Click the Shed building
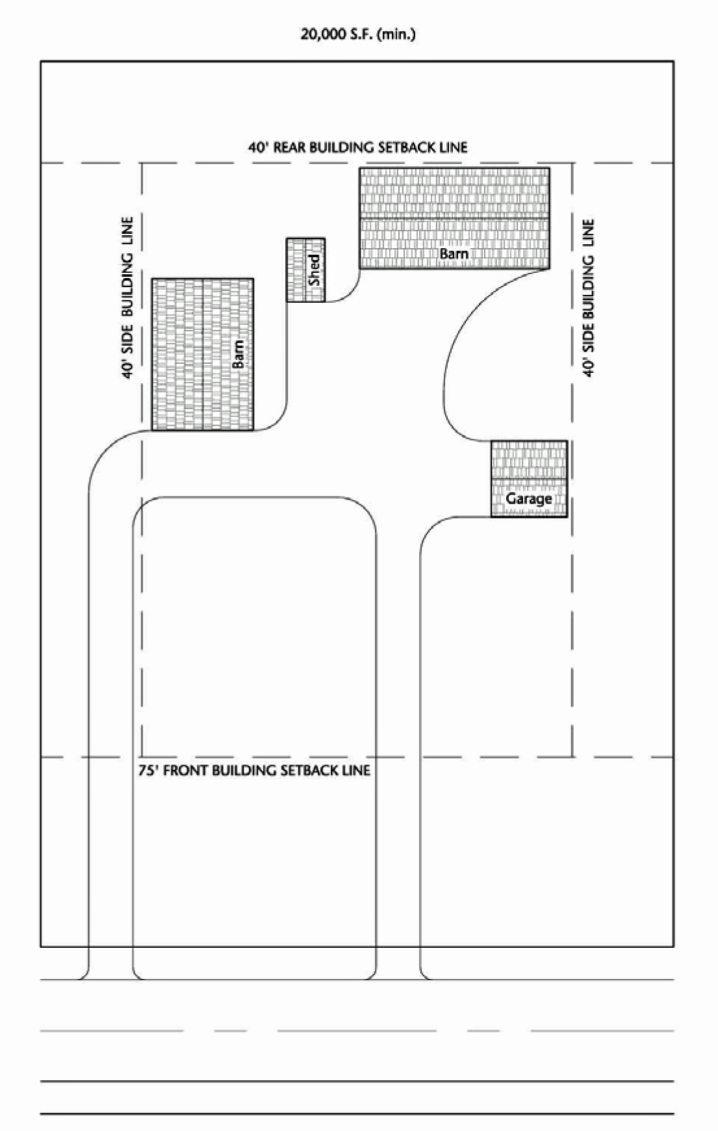coord(306,270)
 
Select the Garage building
coord(529,479)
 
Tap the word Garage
coord(529,498)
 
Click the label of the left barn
coord(238,354)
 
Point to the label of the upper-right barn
coord(454,253)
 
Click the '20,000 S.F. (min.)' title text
coord(358,34)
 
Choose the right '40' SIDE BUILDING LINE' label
coord(588,298)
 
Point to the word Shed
coord(314,270)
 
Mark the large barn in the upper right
coord(455,218)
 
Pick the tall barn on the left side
coord(203,354)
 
